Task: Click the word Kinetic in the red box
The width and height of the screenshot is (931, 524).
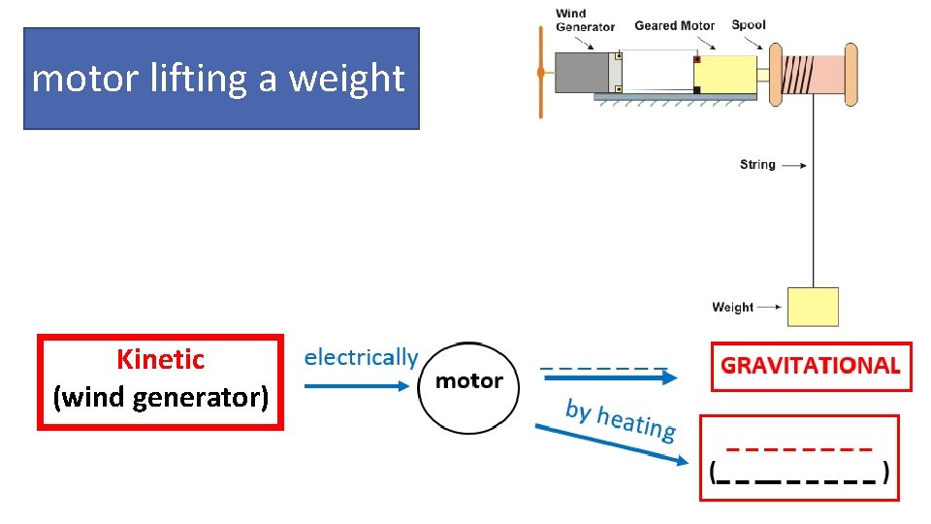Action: pyautogui.click(x=161, y=359)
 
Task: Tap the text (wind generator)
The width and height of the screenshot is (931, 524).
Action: pyautogui.click(x=161, y=397)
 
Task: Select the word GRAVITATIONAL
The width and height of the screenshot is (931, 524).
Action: pyautogui.click(x=811, y=366)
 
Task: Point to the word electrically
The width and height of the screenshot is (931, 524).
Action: pyautogui.click(x=361, y=357)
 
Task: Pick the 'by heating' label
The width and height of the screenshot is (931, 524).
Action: pyautogui.click(x=621, y=419)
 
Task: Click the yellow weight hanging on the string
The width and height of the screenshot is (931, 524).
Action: pyautogui.click(x=813, y=307)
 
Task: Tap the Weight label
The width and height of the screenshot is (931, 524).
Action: pyautogui.click(x=732, y=308)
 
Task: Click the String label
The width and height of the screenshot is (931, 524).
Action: pyautogui.click(x=757, y=165)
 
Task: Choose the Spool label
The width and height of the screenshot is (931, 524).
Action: pyautogui.click(x=749, y=24)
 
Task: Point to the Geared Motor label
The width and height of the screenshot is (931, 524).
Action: pyautogui.click(x=674, y=25)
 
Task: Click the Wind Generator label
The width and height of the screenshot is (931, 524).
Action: pyautogui.click(x=585, y=20)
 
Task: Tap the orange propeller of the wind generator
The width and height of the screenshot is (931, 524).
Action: pyautogui.click(x=540, y=73)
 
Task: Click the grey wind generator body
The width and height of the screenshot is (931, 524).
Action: pyautogui.click(x=582, y=73)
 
